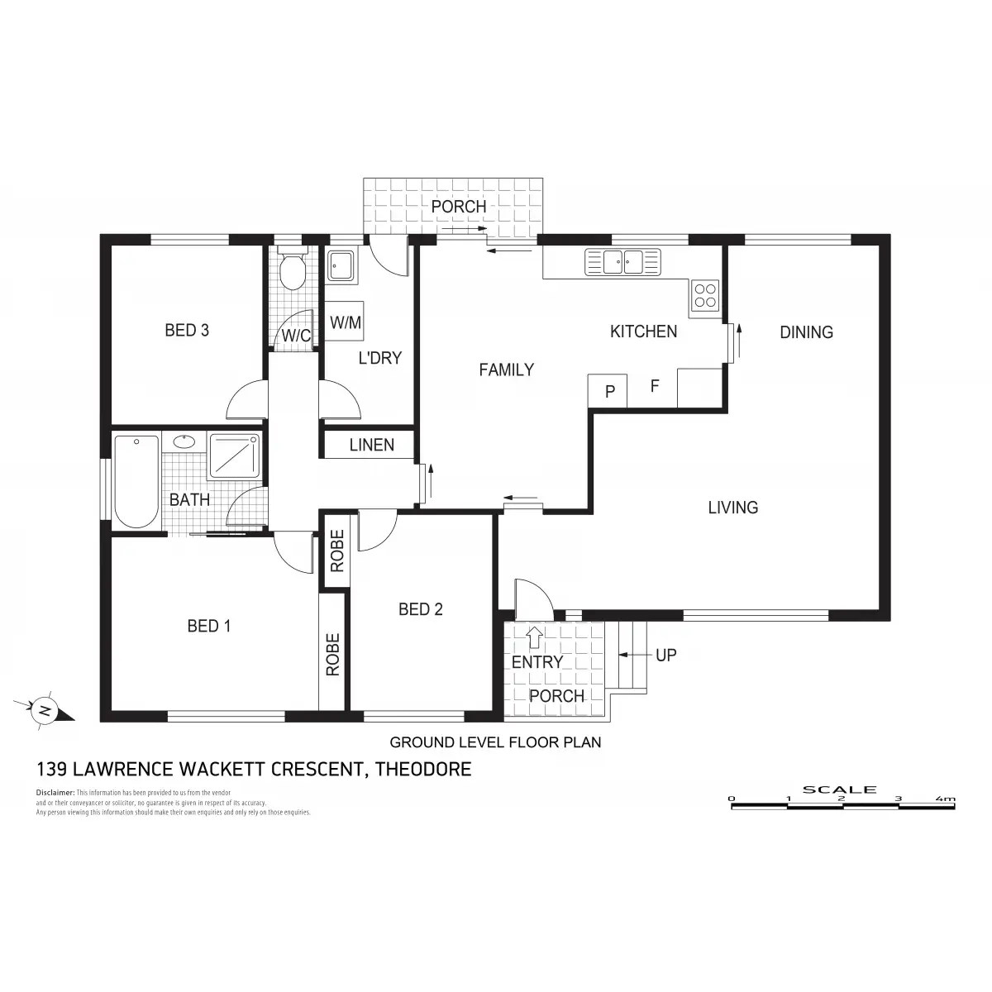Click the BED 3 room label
(x=187, y=331)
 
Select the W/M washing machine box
(x=346, y=322)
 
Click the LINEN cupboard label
(x=372, y=446)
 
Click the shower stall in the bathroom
(x=235, y=455)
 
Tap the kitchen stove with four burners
(x=705, y=295)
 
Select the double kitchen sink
(x=623, y=262)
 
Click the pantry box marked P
(x=610, y=392)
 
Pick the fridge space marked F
(x=654, y=385)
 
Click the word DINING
(x=806, y=332)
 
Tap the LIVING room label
(x=732, y=508)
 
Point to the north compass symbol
(x=45, y=710)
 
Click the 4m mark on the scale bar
(x=945, y=799)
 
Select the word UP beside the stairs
(x=665, y=655)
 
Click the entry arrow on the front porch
(x=535, y=637)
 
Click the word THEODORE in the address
(x=423, y=770)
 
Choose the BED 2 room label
(x=421, y=609)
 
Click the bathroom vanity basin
(x=184, y=441)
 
